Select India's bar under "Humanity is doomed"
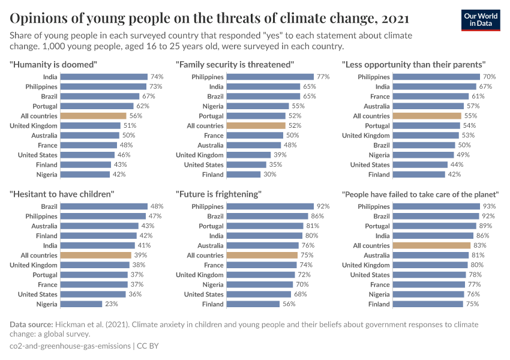pos(104,77)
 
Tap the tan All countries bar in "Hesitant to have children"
pos(96,255)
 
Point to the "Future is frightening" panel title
pos(218,194)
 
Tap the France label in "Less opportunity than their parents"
pos(380,96)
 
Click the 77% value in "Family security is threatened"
pos(323,77)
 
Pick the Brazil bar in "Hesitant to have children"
pos(104,206)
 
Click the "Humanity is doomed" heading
pos(53,64)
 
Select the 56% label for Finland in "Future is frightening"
pos(289,304)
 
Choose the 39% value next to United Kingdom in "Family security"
pos(280,155)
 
